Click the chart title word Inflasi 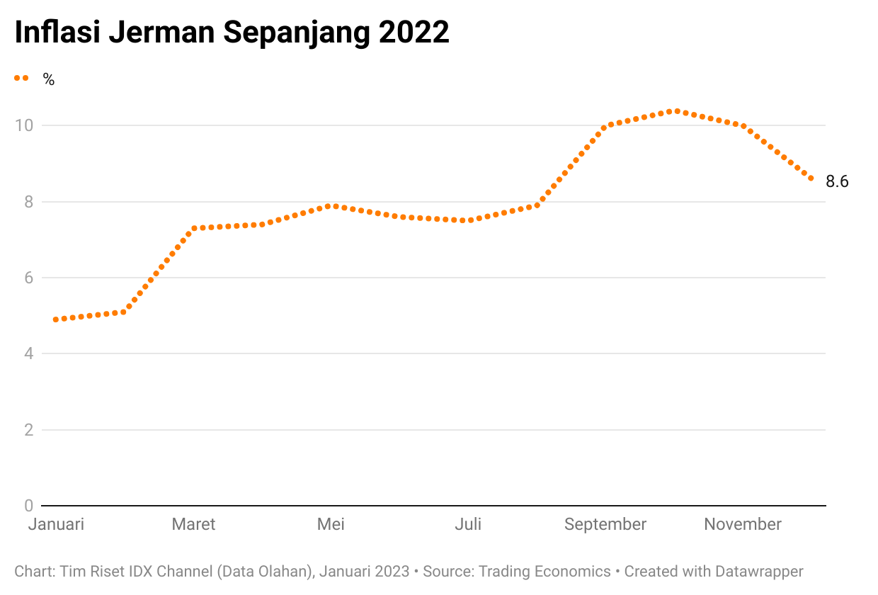[57, 32]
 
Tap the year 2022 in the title [414, 32]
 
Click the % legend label [49, 79]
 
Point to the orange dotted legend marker [21, 79]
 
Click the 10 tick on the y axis [24, 125]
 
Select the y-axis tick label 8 [28, 202]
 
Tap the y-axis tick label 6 [28, 278]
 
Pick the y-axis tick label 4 [28, 353]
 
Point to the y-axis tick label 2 [28, 430]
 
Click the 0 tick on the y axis [28, 506]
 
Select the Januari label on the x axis [56, 524]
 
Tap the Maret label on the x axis [193, 524]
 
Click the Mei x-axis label [331, 524]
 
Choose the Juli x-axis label [468, 524]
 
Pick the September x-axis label [605, 525]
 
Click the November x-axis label [743, 524]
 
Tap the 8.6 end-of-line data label [837, 181]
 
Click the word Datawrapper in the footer [759, 572]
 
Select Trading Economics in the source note [545, 572]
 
